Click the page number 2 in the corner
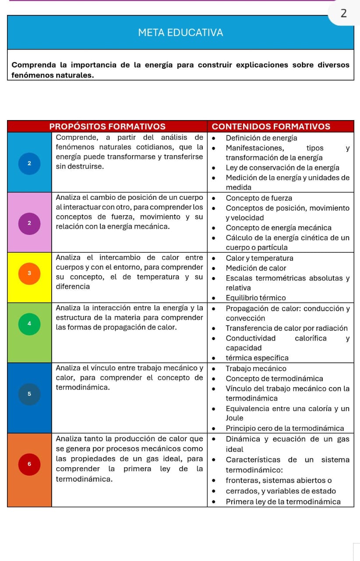click(343, 14)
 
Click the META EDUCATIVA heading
click(180, 32)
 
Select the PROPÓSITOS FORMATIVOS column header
click(107, 127)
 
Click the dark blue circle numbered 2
click(29, 163)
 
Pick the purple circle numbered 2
click(29, 223)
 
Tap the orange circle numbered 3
click(29, 273)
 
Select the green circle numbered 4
click(29, 324)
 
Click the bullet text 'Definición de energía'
click(261, 138)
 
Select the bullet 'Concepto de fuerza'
click(259, 198)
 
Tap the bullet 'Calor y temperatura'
click(259, 258)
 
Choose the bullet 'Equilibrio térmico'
click(256, 298)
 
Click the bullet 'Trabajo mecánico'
click(256, 369)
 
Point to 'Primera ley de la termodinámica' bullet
click(283, 502)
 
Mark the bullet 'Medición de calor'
click(256, 268)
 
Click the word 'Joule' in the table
click(234, 418)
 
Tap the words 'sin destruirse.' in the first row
click(80, 167)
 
